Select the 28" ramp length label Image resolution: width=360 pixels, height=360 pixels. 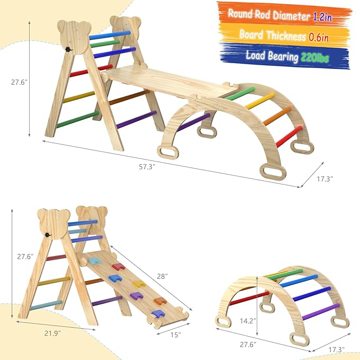(163, 276)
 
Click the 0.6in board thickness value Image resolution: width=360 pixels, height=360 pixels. (319, 36)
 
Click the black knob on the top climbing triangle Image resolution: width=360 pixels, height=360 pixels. (68, 49)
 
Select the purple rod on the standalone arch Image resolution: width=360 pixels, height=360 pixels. (321, 310)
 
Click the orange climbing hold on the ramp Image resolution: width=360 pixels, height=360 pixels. (160, 301)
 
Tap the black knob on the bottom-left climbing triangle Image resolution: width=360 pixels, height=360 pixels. (47, 234)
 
